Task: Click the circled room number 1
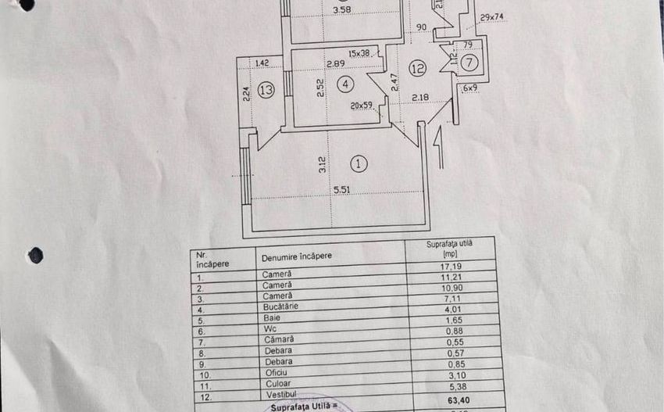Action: pos(359,163)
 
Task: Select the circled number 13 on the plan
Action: pos(266,90)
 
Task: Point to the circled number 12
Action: pos(417,69)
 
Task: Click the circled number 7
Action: pos(469,62)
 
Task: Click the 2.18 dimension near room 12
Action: pos(420,97)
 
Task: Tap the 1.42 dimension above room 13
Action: pos(262,63)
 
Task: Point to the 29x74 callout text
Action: pos(492,16)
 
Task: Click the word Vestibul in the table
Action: pos(279,397)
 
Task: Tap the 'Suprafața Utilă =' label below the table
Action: pos(305,407)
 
